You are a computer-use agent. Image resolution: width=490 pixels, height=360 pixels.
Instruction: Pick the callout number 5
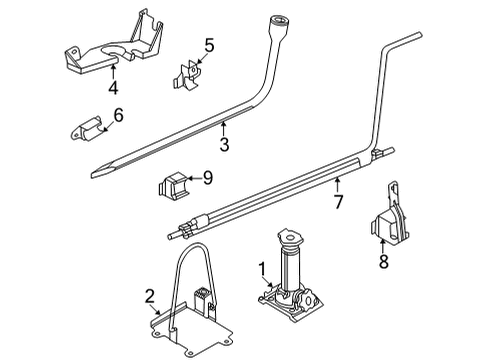click(x=209, y=44)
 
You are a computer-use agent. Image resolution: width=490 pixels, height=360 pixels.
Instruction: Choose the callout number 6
click(x=118, y=117)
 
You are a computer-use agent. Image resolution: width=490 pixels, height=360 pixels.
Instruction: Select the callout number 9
click(x=208, y=179)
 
